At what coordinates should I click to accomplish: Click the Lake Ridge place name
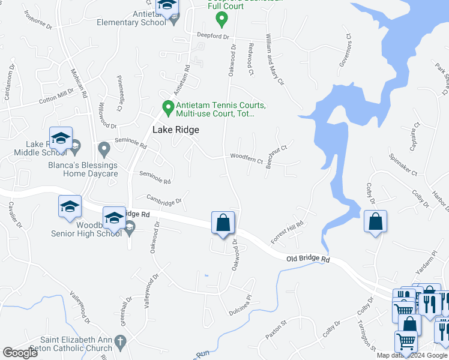175,130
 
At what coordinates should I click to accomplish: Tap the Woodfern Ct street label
247,160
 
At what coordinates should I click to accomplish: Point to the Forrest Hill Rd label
288,232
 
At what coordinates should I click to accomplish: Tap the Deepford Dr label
214,36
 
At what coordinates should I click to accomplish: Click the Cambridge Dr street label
164,199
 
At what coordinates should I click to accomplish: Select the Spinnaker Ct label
403,163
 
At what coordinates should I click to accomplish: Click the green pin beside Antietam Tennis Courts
169,109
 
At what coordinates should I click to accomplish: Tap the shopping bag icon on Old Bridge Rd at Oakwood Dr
223,223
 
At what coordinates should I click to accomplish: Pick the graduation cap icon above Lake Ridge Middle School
61,139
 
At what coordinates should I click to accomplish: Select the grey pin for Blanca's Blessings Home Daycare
104,147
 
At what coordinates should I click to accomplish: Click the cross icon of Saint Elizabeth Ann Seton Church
120,344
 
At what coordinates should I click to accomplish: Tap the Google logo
20,353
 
